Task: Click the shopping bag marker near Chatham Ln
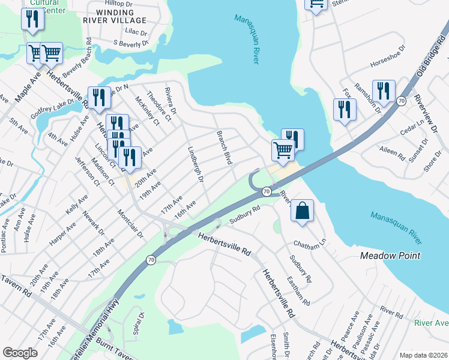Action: click(302, 211)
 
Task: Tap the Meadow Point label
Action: click(390, 256)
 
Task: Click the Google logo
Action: click(20, 353)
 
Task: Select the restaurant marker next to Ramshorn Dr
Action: click(383, 92)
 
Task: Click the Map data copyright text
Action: click(423, 355)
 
